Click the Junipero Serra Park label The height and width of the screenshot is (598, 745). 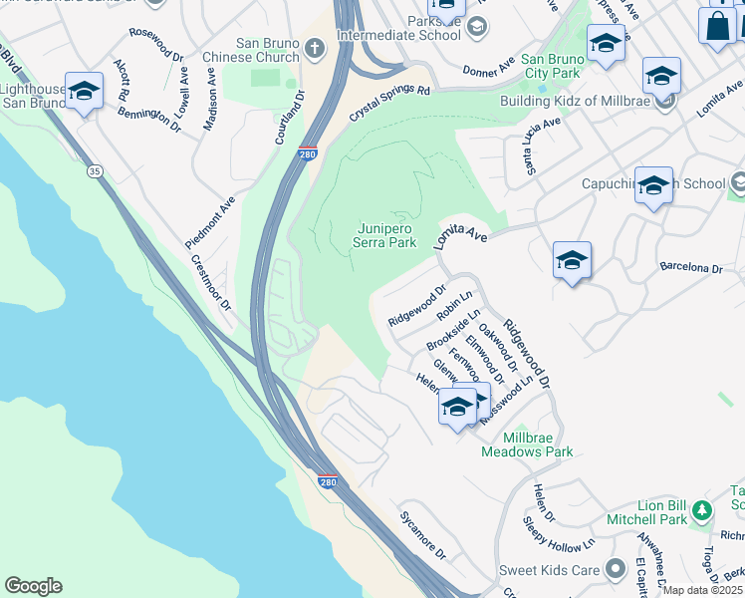click(x=386, y=234)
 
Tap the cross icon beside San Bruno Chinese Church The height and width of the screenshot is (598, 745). click(x=314, y=49)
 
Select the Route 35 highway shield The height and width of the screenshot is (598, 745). click(x=95, y=171)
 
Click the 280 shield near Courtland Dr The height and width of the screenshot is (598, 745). click(x=308, y=154)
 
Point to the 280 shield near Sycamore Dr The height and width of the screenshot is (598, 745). click(x=328, y=482)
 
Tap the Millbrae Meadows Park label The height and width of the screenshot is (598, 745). click(x=527, y=445)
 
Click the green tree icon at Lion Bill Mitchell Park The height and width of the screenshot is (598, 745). click(x=703, y=510)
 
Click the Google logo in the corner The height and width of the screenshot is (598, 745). click(x=33, y=586)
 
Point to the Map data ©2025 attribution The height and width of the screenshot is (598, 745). click(x=702, y=590)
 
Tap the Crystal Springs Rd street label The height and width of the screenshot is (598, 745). click(x=389, y=104)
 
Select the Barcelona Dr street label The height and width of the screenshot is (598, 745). click(x=690, y=268)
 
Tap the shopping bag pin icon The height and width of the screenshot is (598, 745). click(x=716, y=28)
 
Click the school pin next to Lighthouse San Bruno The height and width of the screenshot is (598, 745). click(x=85, y=91)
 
